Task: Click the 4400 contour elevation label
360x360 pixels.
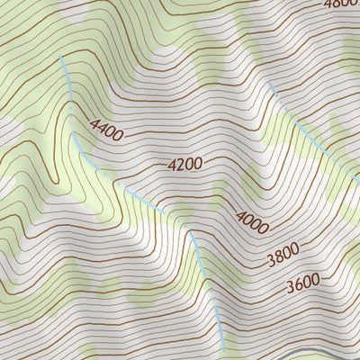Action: (107, 130)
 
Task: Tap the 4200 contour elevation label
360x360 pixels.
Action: (184, 164)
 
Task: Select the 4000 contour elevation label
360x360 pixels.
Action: (252, 221)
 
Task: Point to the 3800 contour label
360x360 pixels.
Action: (283, 258)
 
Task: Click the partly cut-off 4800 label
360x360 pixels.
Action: (341, 4)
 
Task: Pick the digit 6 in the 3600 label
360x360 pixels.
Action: (299, 288)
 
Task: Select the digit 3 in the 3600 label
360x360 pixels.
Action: (290, 289)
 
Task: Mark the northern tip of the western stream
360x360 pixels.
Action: (61, 57)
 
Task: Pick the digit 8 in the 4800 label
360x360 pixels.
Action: (337, 4)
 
